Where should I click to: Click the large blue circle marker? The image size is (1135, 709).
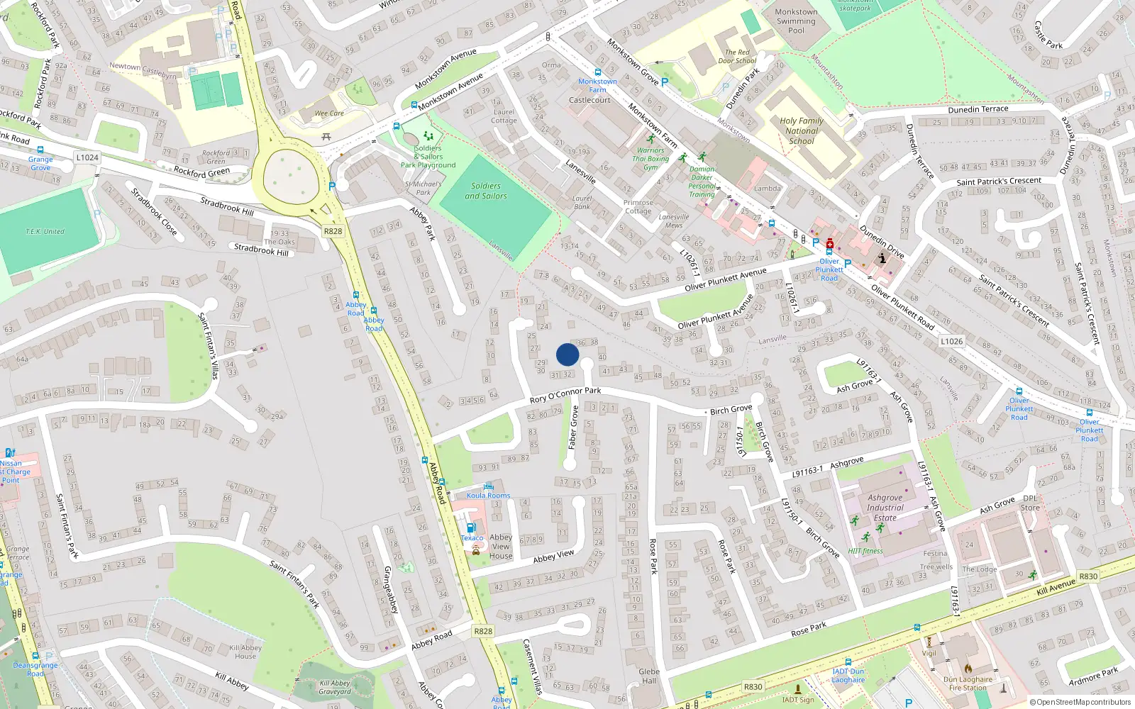pyautogui.click(x=567, y=354)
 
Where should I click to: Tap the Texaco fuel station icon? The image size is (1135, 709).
pyautogui.click(x=470, y=527)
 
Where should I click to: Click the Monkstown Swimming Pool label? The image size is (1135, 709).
pyautogui.click(x=796, y=21)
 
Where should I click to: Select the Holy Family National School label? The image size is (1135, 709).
pyautogui.click(x=802, y=130)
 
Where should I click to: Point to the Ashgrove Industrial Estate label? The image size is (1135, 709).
pyautogui.click(x=885, y=508)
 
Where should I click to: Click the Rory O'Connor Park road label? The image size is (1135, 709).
pyautogui.click(x=565, y=395)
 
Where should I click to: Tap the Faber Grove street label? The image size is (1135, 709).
pyautogui.click(x=573, y=428)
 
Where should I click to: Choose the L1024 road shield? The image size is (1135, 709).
pyautogui.click(x=87, y=157)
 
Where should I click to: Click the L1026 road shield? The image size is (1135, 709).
pyautogui.click(x=951, y=341)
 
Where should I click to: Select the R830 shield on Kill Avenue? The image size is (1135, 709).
pyautogui.click(x=1087, y=576)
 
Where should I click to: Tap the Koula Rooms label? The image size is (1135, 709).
pyautogui.click(x=488, y=495)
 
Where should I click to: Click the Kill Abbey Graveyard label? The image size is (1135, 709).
pyautogui.click(x=335, y=687)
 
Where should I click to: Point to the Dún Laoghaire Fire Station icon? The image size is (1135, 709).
pyautogui.click(x=968, y=668)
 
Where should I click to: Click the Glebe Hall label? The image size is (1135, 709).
pyautogui.click(x=649, y=676)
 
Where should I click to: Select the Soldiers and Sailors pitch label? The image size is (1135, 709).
pyautogui.click(x=486, y=191)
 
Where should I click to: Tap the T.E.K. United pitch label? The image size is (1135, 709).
pyautogui.click(x=45, y=231)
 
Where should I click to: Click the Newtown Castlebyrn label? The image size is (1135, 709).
pyautogui.click(x=143, y=70)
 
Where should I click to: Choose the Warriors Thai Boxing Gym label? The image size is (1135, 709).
pyautogui.click(x=651, y=159)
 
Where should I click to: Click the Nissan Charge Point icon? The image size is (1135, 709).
pyautogui.click(x=10, y=452)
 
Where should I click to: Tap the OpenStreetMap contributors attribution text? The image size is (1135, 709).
pyautogui.click(x=1081, y=702)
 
